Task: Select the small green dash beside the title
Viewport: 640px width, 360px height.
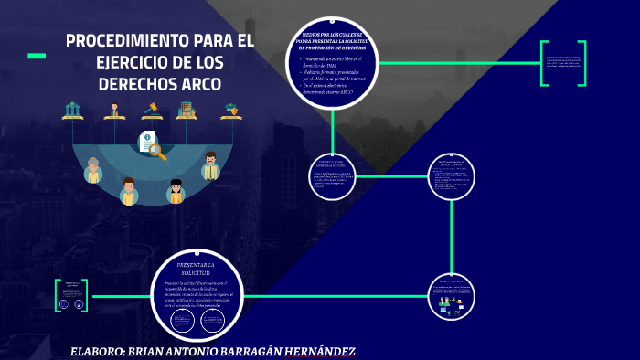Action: [37, 56]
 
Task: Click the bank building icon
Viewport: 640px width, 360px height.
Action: [71, 111]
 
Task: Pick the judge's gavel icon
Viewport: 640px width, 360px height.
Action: [152, 111]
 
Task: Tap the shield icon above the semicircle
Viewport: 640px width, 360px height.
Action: [231, 111]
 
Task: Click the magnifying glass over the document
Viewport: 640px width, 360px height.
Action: [158, 151]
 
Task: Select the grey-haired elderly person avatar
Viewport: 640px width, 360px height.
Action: [92, 170]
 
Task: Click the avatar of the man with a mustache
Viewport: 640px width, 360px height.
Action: [210, 165]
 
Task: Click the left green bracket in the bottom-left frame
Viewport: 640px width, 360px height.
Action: [58, 295]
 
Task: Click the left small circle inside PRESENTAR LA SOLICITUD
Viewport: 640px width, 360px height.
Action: [182, 320]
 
